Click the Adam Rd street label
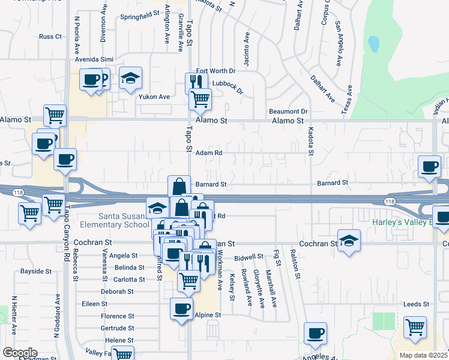209,153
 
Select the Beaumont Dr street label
288,112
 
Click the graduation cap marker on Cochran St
348,241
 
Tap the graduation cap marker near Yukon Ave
130,79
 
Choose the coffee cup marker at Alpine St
181,309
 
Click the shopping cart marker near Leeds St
414,328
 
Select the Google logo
19,353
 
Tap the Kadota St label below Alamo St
311,141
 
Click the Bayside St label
36,272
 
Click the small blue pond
374,44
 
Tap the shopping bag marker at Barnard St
178,187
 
